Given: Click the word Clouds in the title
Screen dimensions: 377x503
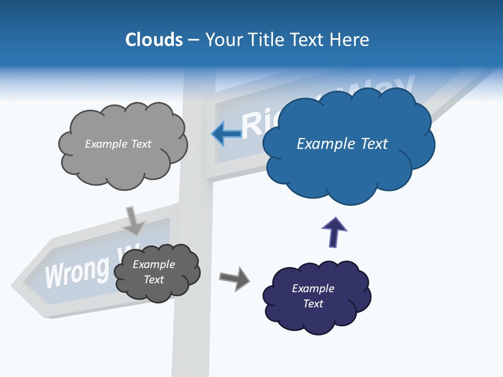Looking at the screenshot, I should [x=154, y=39].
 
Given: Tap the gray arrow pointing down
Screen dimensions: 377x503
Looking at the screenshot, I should [x=134, y=220].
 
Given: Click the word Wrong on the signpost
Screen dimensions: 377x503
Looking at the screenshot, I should [x=77, y=271].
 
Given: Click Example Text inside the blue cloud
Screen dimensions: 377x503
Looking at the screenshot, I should [x=342, y=144].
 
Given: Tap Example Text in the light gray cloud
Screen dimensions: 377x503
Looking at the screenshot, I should [x=118, y=144].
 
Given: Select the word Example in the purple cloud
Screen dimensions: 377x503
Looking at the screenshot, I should [x=313, y=289].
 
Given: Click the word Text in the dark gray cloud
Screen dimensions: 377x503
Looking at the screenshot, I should [x=154, y=280].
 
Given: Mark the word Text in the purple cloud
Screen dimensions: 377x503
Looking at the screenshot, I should [x=313, y=304].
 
